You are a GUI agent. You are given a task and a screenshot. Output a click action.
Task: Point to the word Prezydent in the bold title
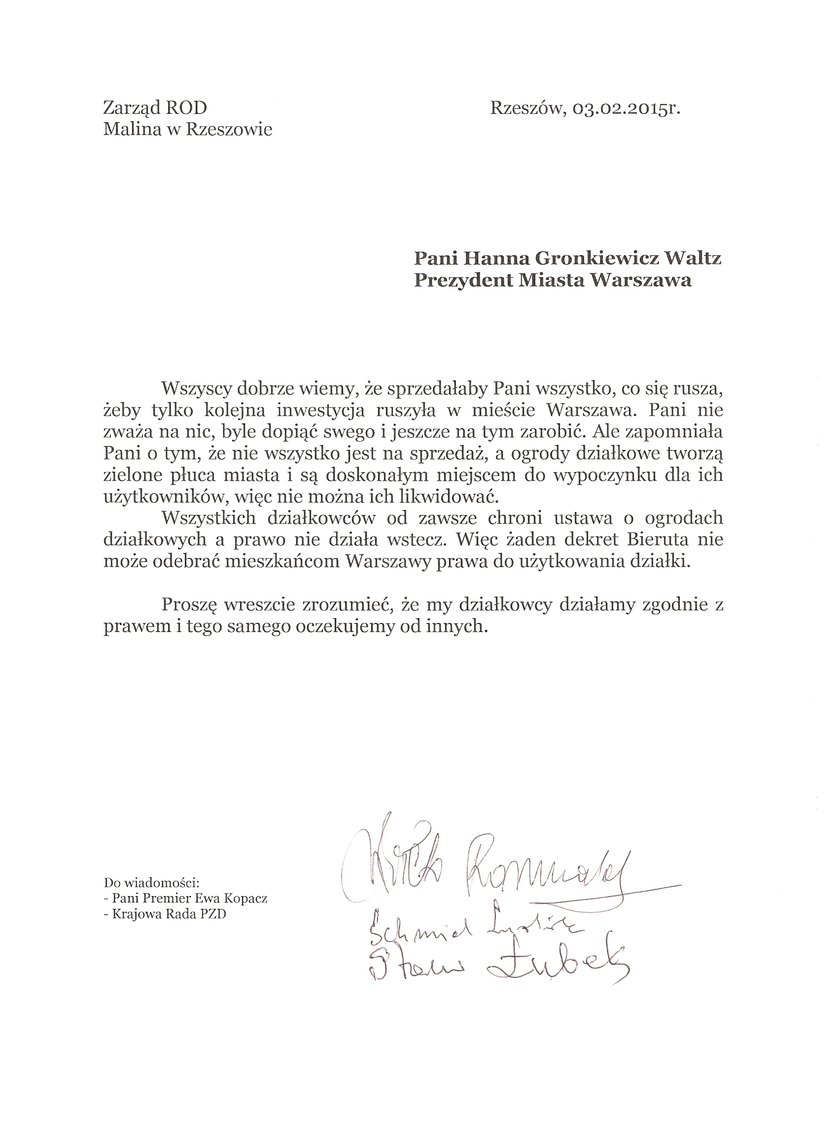[461, 280]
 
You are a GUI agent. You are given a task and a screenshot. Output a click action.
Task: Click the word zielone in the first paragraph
[133, 475]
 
